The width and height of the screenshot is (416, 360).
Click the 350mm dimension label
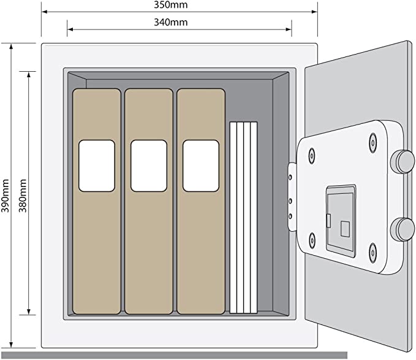click(x=170, y=5)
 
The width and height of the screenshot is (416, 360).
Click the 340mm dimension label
click(x=170, y=22)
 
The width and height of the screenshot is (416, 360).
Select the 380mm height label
click(x=23, y=196)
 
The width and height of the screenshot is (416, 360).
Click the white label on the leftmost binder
click(x=97, y=166)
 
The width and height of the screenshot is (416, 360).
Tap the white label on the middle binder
click(x=149, y=166)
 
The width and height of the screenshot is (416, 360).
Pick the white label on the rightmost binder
click(x=201, y=166)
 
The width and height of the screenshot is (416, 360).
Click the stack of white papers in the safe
click(x=243, y=218)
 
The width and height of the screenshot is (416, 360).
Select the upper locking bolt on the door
click(x=403, y=162)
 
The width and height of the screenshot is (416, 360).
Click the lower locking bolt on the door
click(x=403, y=229)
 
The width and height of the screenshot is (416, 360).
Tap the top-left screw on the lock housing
click(x=312, y=156)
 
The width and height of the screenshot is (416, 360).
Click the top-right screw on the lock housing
click(x=373, y=143)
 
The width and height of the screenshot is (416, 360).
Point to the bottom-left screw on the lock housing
click(x=312, y=240)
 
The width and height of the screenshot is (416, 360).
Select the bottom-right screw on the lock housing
click(x=373, y=253)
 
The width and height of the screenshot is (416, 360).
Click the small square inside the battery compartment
click(x=345, y=229)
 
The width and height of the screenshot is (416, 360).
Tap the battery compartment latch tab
click(x=328, y=221)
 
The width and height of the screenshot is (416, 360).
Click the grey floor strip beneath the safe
click(x=175, y=355)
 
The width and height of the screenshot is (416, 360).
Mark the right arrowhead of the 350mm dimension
click(x=315, y=12)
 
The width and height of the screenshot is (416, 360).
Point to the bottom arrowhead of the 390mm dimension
click(x=11, y=345)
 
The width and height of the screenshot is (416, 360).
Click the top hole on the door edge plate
click(x=290, y=177)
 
